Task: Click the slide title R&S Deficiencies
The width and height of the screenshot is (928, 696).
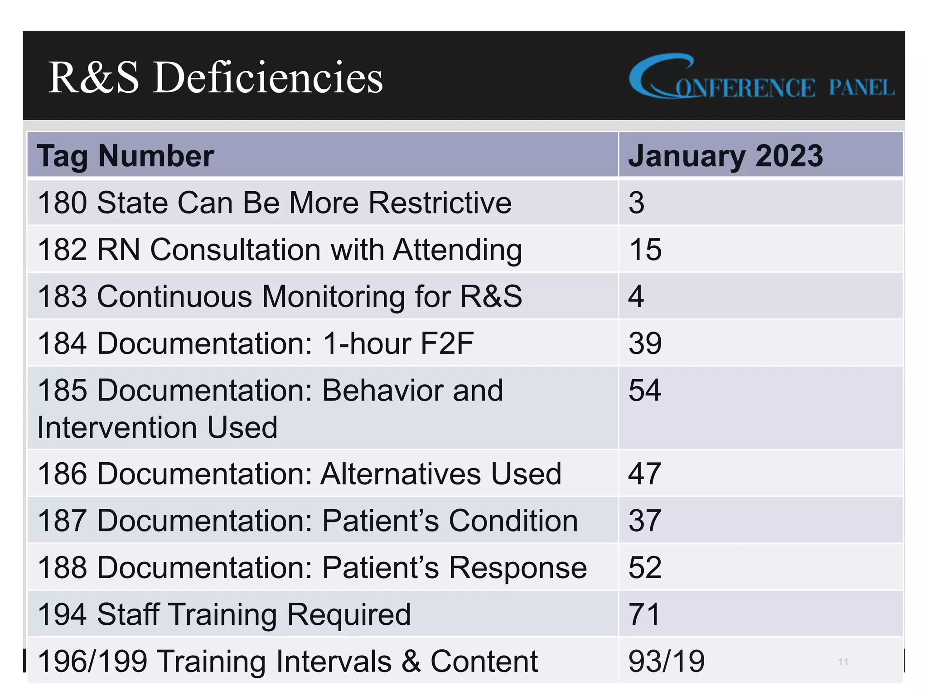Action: click(216, 78)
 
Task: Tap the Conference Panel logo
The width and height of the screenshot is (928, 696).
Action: click(761, 78)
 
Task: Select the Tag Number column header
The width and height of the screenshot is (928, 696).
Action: click(126, 156)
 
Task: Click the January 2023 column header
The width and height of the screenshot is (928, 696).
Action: click(725, 156)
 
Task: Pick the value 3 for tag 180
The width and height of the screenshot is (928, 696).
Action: click(636, 203)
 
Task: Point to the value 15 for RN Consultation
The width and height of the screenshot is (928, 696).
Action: click(645, 249)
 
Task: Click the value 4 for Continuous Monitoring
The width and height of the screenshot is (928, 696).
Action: click(636, 296)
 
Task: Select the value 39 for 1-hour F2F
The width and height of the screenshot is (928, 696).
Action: click(645, 343)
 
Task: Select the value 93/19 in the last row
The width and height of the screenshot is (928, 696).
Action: click(667, 661)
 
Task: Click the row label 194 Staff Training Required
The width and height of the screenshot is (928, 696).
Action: click(224, 614)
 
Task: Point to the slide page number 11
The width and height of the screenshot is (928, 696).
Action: click(843, 662)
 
